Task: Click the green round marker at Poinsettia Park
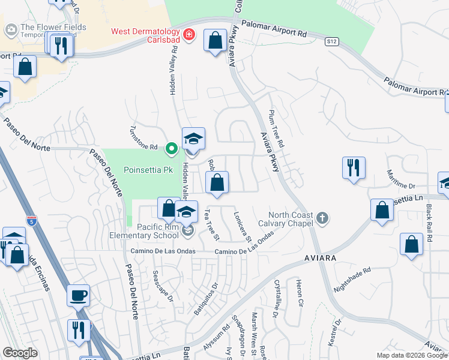pyautogui.click(x=171, y=148)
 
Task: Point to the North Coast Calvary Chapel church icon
pyautogui.click(x=322, y=218)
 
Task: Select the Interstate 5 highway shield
pyautogui.click(x=31, y=220)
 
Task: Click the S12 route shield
pyautogui.click(x=332, y=41)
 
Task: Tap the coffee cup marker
pyautogui.click(x=78, y=295)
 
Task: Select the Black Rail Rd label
pyautogui.click(x=429, y=223)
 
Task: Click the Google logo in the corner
pyautogui.click(x=20, y=353)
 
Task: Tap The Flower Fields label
pyautogui.click(x=53, y=28)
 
